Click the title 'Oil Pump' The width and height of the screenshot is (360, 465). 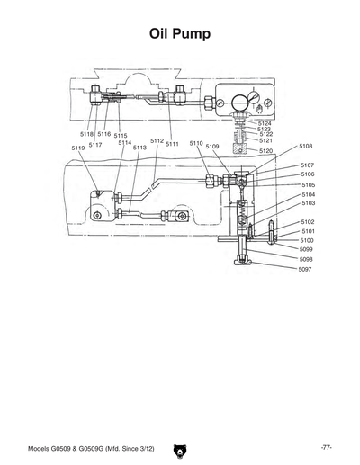click(x=180, y=34)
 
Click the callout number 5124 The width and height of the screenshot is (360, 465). click(x=265, y=123)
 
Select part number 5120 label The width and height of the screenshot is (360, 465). click(x=265, y=151)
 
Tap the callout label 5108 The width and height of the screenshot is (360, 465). click(x=306, y=146)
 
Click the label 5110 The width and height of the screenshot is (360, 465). click(x=195, y=143)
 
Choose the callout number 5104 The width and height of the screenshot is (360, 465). click(x=308, y=194)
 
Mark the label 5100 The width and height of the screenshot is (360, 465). click(x=307, y=240)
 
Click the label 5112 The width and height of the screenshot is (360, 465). click(x=157, y=141)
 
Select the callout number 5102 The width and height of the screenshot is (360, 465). click(x=307, y=221)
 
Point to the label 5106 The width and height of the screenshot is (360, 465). click(x=307, y=174)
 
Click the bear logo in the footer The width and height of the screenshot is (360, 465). click(x=180, y=446)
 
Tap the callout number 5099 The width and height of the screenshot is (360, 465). click(x=307, y=249)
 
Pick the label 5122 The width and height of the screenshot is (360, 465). click(x=265, y=134)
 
